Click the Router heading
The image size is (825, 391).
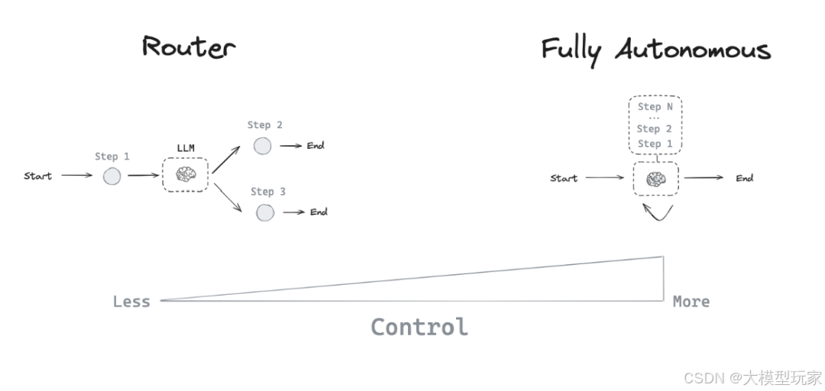[x=189, y=47]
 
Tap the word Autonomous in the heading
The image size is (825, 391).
[x=693, y=50]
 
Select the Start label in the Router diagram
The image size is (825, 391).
[x=37, y=176]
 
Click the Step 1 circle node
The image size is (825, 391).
[x=112, y=176]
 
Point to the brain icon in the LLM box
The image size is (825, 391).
[x=185, y=175]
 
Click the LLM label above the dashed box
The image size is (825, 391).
[x=186, y=147]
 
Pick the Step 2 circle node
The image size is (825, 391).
[x=263, y=146]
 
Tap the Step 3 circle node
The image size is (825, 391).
[x=265, y=212]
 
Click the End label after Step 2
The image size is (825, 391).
[x=315, y=146]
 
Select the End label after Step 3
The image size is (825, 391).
[x=319, y=212]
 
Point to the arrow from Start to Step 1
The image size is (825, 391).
[x=76, y=176]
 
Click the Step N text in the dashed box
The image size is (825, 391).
[x=655, y=108]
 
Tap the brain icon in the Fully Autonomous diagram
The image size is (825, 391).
[x=655, y=179]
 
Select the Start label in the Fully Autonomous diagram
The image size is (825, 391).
[x=564, y=179]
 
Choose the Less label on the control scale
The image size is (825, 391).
[x=131, y=302]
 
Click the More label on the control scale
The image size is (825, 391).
[x=691, y=302]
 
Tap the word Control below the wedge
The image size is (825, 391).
[x=419, y=327]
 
